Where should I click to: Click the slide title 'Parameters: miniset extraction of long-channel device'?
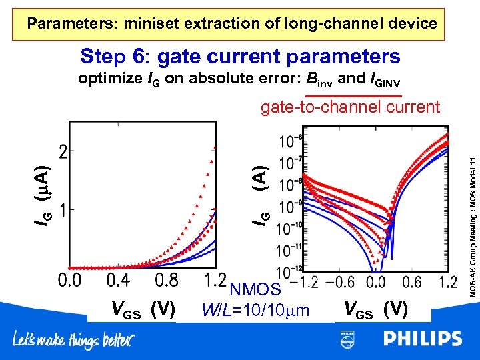pyautogui.click(x=232, y=24)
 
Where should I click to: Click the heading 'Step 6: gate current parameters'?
pyautogui.click(x=239, y=56)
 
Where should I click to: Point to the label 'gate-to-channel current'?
pyautogui.click(x=350, y=107)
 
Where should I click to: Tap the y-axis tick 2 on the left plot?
pyautogui.click(x=62, y=153)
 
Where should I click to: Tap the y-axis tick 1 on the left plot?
pyautogui.click(x=62, y=210)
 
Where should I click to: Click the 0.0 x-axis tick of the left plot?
pyautogui.click(x=71, y=280)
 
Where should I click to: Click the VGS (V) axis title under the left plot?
pyautogui.click(x=143, y=309)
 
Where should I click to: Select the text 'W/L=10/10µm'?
pyautogui.click(x=256, y=309)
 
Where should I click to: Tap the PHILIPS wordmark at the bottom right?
pyautogui.click(x=422, y=339)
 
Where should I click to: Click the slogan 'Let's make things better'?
pyautogui.click(x=73, y=341)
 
